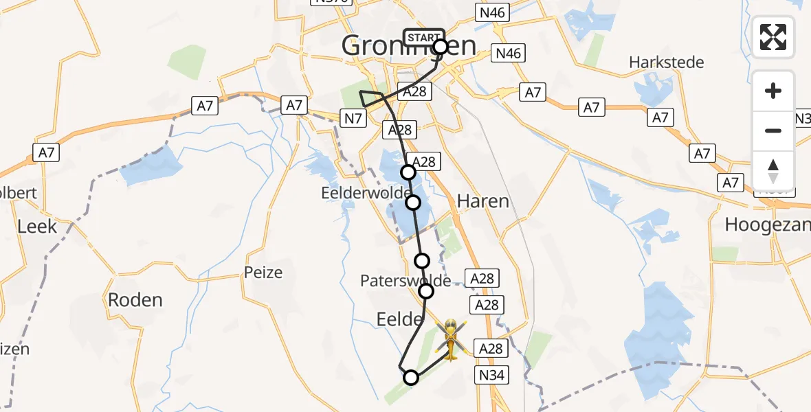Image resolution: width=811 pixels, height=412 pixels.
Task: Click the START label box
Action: [x=423, y=38]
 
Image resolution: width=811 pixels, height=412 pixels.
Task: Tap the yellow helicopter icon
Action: [x=450, y=339]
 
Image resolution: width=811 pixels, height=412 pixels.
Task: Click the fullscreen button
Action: [x=773, y=37]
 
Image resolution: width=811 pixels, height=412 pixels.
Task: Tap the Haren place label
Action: [x=484, y=201]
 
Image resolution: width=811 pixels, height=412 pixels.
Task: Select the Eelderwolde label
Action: [x=365, y=194]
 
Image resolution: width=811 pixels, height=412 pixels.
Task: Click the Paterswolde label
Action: [x=405, y=281]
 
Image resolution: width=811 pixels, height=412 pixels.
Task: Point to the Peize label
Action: [x=263, y=273]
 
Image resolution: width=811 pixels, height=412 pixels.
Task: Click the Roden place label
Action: [x=135, y=299]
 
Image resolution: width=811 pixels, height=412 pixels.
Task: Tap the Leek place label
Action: [x=37, y=226]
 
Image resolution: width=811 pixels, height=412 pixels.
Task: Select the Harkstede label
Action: [x=667, y=62]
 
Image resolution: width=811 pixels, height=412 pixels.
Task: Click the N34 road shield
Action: [x=492, y=375]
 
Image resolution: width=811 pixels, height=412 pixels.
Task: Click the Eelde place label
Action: [x=399, y=319]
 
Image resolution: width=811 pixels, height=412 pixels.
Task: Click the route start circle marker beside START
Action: [x=441, y=47]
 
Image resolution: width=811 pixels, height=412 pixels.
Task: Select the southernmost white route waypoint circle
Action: [x=411, y=377]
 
